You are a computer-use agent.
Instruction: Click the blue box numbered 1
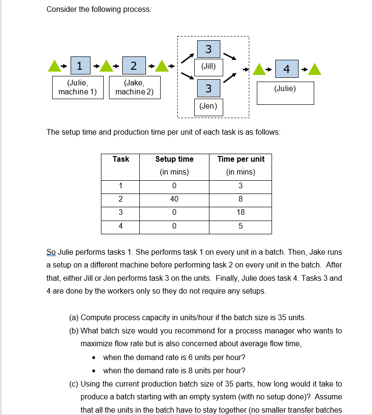point(81,66)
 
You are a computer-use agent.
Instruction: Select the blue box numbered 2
point(134,66)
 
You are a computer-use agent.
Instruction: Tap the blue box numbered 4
point(286,69)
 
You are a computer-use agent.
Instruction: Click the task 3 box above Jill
point(209,49)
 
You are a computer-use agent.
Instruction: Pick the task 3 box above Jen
point(209,88)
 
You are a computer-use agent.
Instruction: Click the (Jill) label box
point(209,67)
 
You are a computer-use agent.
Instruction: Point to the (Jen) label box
point(209,106)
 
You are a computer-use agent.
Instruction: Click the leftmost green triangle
point(55,67)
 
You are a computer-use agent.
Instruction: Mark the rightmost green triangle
point(316,69)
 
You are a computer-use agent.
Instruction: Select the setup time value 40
point(174,199)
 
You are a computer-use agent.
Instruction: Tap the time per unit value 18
point(241,212)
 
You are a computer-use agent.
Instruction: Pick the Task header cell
point(120,159)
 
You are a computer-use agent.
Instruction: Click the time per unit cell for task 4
point(241,226)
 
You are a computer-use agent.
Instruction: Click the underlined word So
point(51,252)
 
